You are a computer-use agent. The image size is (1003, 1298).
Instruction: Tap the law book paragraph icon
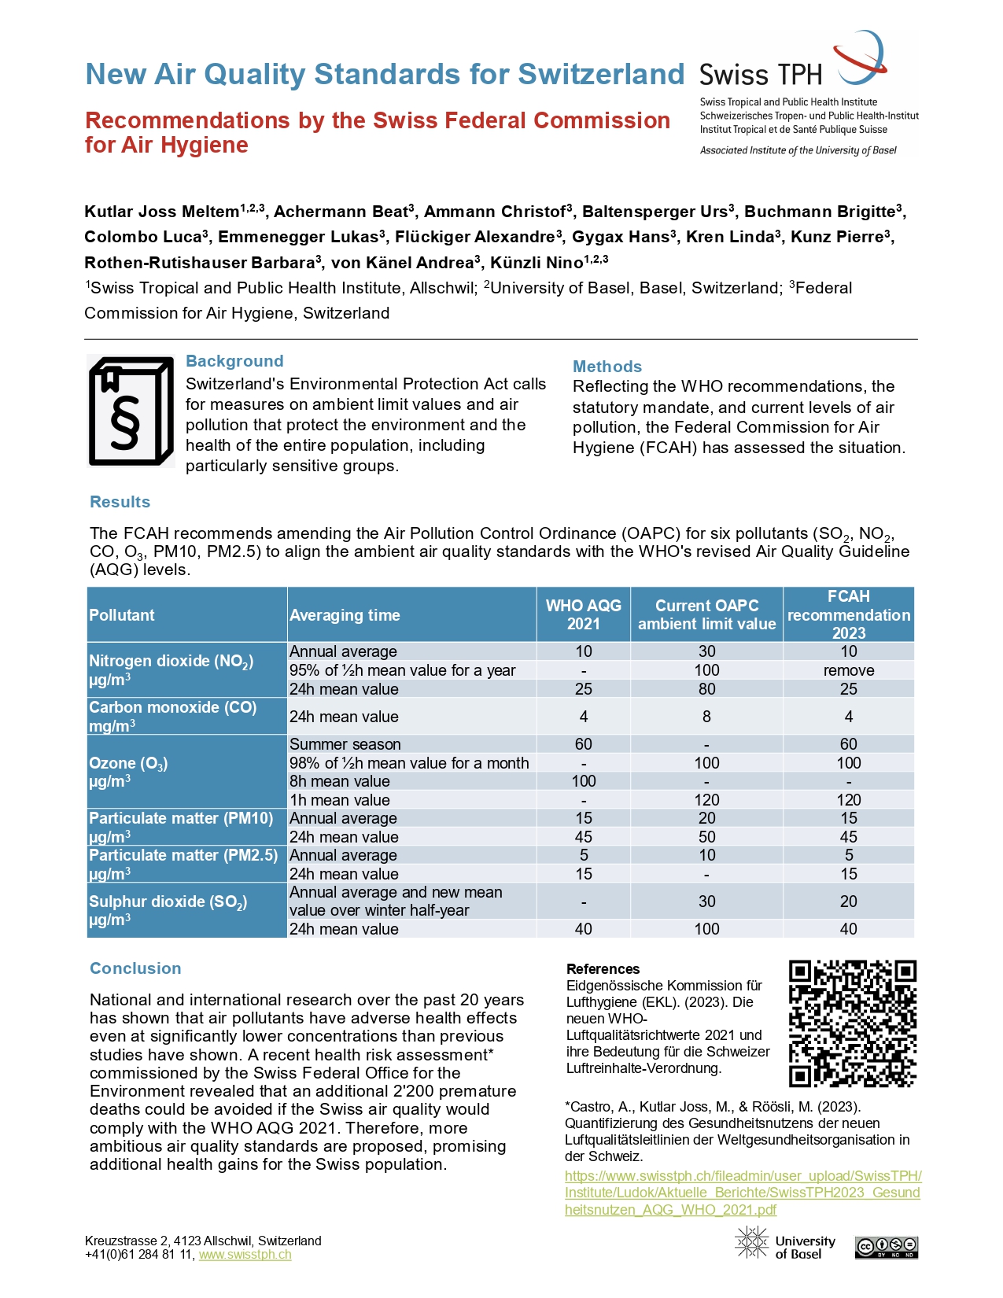coord(131,411)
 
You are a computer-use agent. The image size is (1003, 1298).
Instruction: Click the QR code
coord(852,1023)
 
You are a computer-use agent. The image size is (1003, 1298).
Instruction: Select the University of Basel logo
coord(785,1243)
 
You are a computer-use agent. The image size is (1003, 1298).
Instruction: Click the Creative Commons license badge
coord(887,1248)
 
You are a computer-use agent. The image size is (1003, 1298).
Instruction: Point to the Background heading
coord(234,361)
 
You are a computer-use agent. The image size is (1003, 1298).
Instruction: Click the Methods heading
coord(607,367)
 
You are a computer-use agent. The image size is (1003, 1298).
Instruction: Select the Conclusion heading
coord(135,968)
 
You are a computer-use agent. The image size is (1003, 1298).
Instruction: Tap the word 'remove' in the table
coord(848,670)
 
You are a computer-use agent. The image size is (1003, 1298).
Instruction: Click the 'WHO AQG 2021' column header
coord(583,614)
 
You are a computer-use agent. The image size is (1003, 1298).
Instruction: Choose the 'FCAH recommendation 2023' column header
coord(848,614)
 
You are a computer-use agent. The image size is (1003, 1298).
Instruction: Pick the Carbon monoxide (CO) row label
coord(173,716)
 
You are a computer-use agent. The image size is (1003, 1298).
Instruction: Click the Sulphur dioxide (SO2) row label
coord(168,910)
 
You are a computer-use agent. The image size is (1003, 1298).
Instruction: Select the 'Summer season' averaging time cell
coord(345,744)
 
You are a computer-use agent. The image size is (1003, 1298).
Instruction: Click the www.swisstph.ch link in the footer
coord(245,1255)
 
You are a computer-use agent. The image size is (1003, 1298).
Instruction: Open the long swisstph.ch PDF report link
coord(742,1193)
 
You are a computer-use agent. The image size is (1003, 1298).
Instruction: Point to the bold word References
coord(603,969)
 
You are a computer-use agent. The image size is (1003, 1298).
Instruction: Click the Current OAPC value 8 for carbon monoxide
coord(706,717)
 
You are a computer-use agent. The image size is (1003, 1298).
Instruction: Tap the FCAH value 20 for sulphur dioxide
coord(848,902)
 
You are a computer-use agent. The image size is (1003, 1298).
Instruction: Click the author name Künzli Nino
coord(537,263)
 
